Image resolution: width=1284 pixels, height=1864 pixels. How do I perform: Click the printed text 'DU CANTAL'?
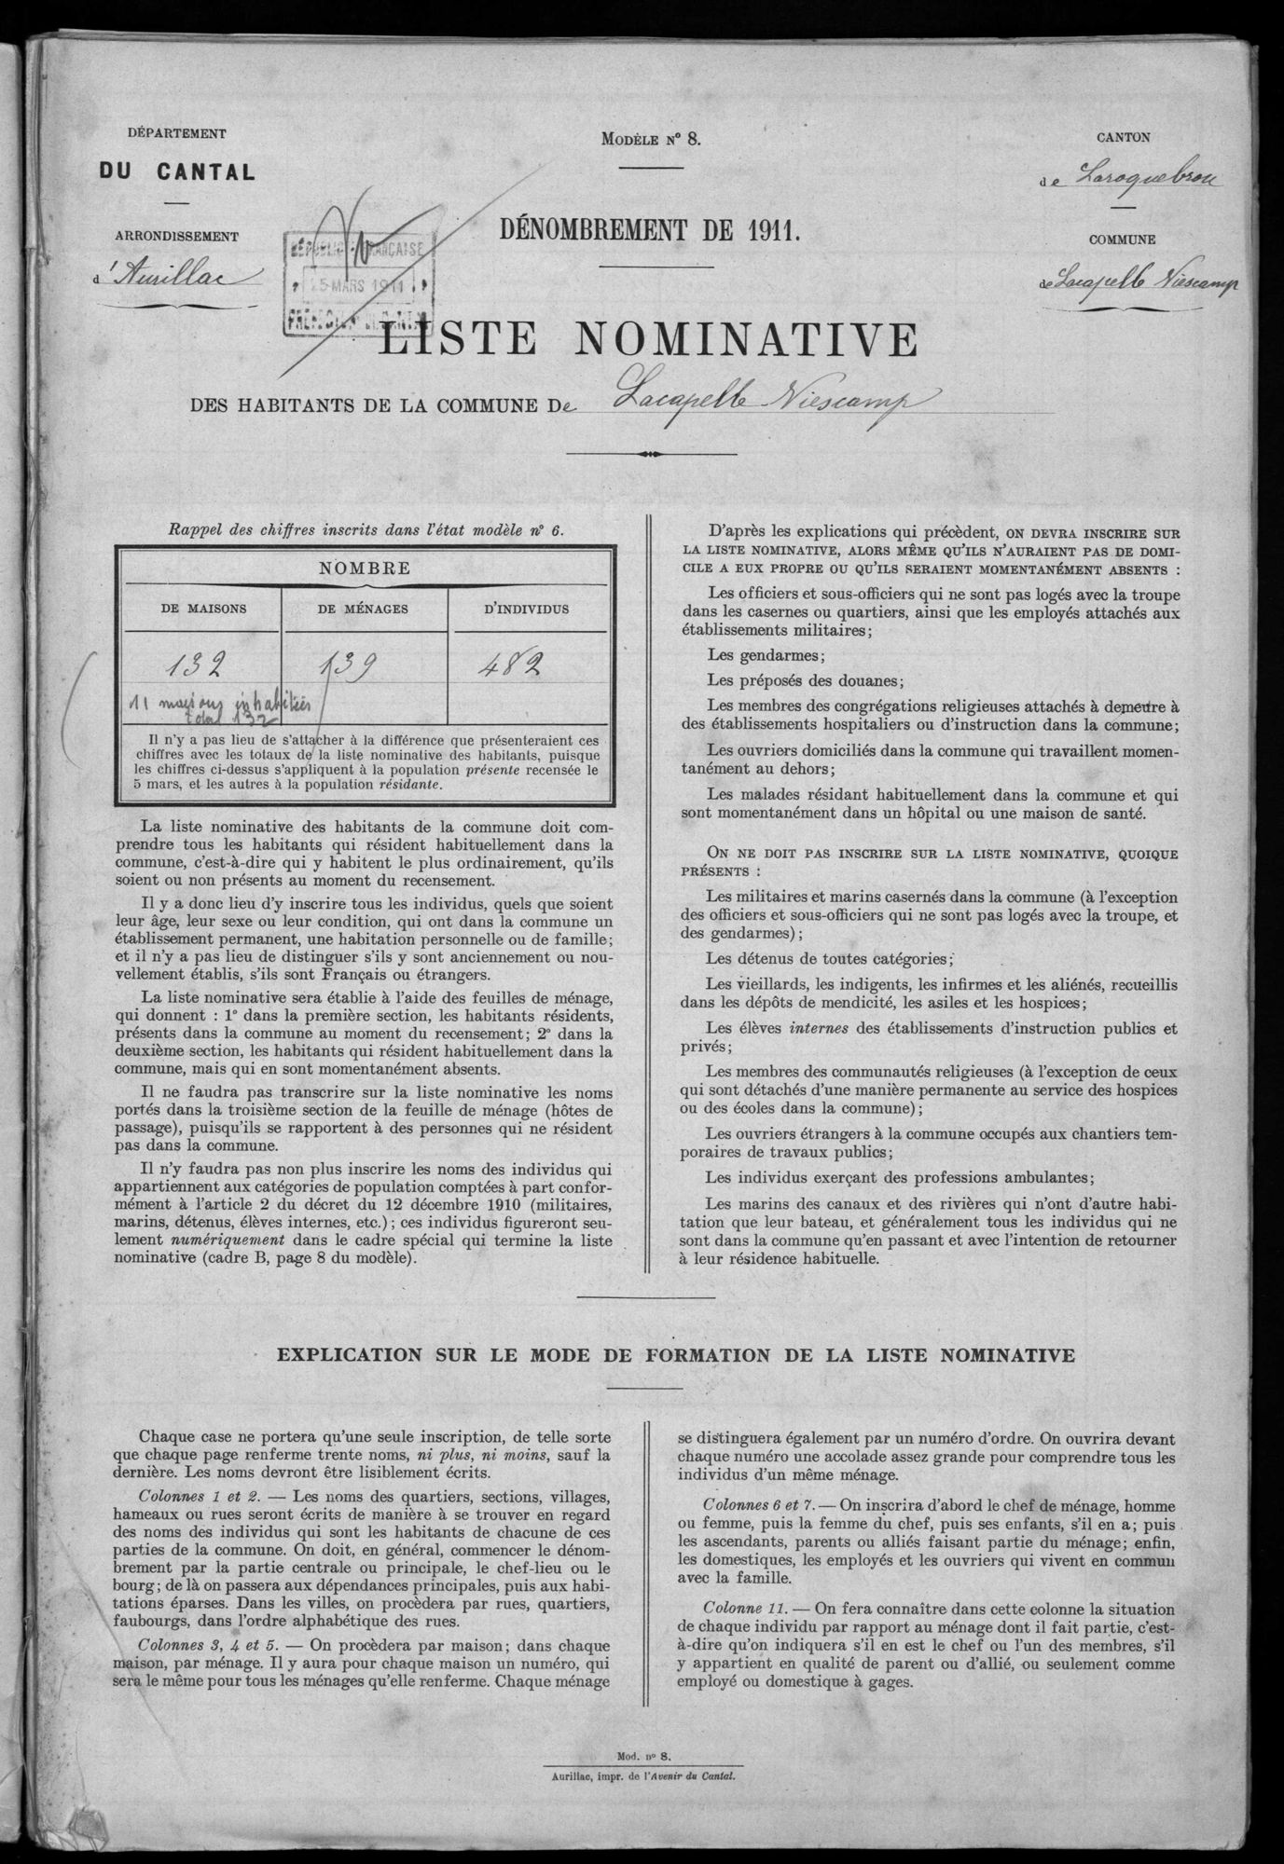click(177, 171)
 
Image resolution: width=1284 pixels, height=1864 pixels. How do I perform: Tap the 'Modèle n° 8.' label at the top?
click(650, 140)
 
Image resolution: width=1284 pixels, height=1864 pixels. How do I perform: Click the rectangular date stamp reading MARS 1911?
click(357, 284)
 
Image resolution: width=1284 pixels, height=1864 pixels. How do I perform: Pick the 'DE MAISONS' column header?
click(203, 608)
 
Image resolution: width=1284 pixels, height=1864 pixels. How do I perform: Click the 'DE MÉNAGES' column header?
click(365, 608)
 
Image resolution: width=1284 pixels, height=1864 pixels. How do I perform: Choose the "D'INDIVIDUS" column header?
click(526, 608)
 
